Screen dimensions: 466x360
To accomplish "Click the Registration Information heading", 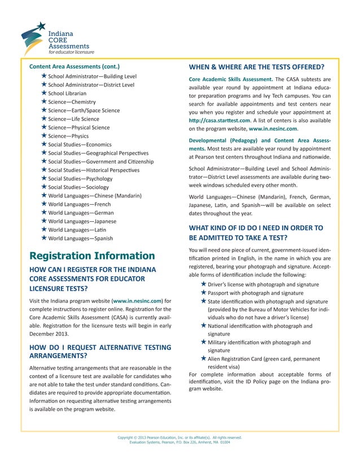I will pyautogui.click(x=92, y=256).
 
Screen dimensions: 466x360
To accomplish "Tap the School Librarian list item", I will pyautogui.click(x=67, y=93).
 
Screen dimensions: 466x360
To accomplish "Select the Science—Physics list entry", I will pyautogui.click(x=68, y=136).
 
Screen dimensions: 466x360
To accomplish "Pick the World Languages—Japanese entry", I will pyautogui.click(x=82, y=221).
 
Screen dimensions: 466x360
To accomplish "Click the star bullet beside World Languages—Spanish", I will pyautogui.click(x=44, y=238).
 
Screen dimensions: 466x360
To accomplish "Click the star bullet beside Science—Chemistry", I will pyautogui.click(x=44, y=102).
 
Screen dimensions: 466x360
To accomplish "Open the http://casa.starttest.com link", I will pyautogui.click(x=219, y=120).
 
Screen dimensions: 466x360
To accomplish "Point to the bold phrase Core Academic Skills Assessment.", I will pyautogui.click(x=230, y=78).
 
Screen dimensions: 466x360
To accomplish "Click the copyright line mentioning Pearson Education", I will pyautogui.click(x=179, y=437).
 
